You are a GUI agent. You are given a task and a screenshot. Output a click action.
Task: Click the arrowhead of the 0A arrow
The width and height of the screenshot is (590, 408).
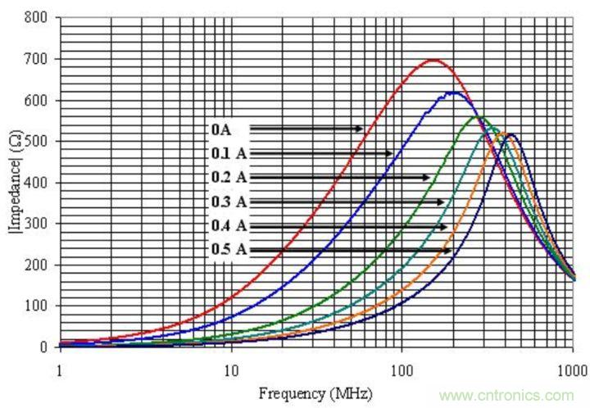point(361,129)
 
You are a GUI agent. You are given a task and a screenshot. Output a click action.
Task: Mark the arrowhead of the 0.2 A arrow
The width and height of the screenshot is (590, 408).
point(427,177)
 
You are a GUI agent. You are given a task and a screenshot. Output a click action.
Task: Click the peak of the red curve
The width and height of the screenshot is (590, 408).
point(433,60)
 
